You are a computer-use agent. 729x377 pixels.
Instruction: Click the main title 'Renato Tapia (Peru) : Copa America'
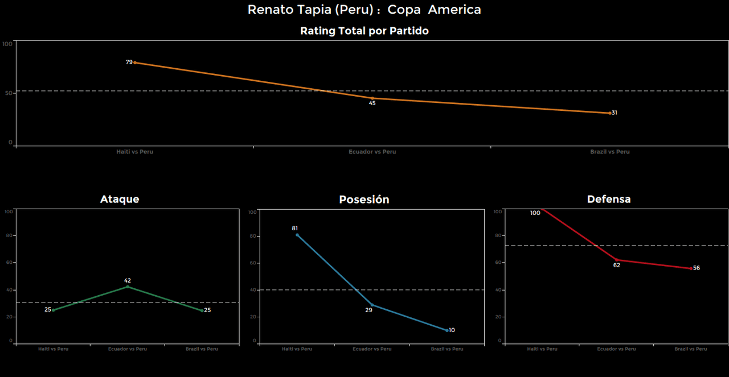(364, 10)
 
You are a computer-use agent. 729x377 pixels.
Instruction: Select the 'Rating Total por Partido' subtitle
(364, 31)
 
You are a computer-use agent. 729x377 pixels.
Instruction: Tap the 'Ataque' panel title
(120, 199)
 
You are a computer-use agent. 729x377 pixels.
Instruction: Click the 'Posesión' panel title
(364, 200)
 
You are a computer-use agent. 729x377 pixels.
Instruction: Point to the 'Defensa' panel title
(609, 199)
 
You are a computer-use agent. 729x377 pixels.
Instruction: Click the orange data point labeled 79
(134, 63)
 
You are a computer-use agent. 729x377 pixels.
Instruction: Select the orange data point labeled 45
(372, 98)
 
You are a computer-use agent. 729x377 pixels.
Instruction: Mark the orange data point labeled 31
(610, 113)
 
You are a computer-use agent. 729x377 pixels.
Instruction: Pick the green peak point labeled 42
(128, 287)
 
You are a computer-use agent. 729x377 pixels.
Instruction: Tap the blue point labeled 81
(297, 235)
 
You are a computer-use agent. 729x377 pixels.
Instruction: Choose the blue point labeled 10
(447, 330)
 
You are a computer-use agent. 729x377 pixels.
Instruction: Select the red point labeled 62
(616, 260)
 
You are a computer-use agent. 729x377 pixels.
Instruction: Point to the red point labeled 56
(691, 268)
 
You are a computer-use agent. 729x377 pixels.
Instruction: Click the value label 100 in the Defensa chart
(535, 213)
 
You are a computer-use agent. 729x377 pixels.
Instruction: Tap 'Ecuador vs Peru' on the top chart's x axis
(372, 152)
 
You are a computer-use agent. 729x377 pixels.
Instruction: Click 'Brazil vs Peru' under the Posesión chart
(447, 349)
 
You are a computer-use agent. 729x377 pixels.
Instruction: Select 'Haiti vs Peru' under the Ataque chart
(53, 349)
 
